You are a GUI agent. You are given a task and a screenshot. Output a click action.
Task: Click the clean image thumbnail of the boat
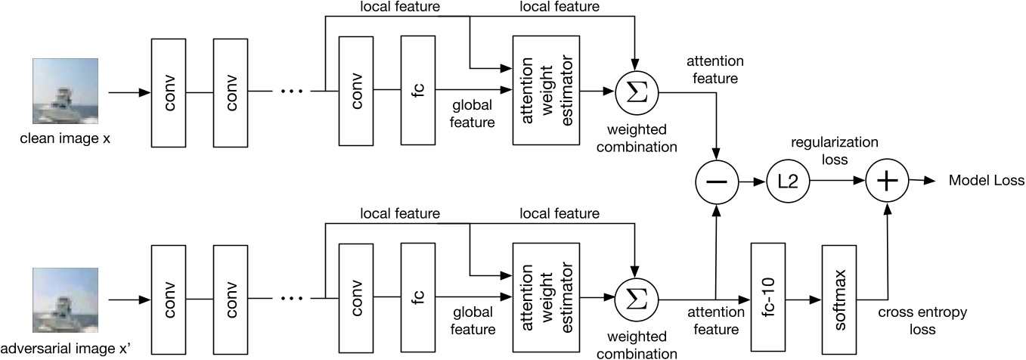pos(65,92)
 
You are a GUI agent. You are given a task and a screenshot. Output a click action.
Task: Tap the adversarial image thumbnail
pos(65,300)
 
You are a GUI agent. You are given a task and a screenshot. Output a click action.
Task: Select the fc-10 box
pos(768,297)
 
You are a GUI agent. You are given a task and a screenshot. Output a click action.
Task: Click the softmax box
pos(839,299)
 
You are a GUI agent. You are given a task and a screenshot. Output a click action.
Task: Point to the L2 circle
pos(789,182)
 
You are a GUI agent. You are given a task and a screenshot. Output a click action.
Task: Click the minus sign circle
pos(717,182)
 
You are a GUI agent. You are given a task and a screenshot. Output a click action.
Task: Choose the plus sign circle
pos(887,181)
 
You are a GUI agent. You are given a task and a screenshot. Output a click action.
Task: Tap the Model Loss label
pos(986,180)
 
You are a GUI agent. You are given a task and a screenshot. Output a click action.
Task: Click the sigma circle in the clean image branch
pos(636,93)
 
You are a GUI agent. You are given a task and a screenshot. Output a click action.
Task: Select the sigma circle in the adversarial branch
pos(636,300)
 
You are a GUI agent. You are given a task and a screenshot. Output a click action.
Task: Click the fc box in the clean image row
pos(417,90)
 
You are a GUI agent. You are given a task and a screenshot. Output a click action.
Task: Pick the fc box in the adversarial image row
pos(417,297)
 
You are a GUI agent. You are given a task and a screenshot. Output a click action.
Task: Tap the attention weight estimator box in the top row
pos(546,90)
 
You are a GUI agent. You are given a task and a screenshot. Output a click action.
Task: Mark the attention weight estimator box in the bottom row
pos(546,297)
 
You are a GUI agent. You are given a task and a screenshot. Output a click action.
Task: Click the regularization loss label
pos(835,151)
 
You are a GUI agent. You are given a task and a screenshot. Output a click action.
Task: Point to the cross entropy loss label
pos(922,321)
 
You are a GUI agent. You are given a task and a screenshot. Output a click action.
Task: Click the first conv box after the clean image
pos(169,93)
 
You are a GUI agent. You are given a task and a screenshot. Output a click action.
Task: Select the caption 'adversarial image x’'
pos(66,349)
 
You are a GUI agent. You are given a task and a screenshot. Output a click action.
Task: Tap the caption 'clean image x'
pos(65,138)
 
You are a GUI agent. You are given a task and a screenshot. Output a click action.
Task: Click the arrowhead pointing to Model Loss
pos(930,181)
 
